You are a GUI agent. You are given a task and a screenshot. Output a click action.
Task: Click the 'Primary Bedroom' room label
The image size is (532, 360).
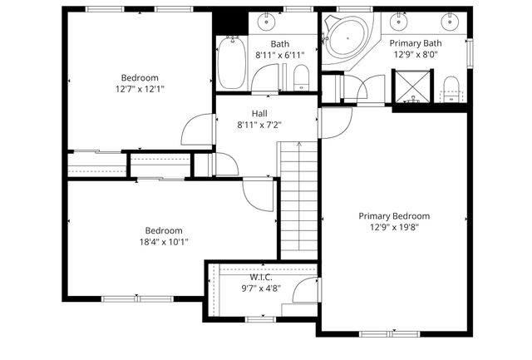click(x=394, y=215)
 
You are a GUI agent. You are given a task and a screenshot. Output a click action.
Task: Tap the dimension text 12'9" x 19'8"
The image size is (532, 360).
click(x=394, y=226)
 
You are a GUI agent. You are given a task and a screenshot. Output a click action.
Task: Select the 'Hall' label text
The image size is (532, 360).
click(x=259, y=114)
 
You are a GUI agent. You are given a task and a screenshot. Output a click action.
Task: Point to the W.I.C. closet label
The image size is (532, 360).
click(x=261, y=278)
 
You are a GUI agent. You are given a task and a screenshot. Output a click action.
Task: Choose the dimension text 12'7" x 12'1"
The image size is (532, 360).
click(x=140, y=88)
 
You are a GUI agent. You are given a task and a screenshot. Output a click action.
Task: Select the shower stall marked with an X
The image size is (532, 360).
click(x=413, y=84)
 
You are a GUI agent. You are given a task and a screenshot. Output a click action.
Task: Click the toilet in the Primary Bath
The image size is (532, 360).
click(x=451, y=86)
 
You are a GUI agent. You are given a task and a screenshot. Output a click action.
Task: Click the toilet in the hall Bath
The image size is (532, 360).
click(x=301, y=79)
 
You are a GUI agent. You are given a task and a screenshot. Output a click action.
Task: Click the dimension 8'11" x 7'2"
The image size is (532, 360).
click(x=259, y=126)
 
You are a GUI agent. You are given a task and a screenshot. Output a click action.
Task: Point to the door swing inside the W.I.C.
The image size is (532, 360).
click(x=308, y=291)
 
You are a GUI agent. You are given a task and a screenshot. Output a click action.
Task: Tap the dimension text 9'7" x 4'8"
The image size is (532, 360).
click(x=261, y=288)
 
